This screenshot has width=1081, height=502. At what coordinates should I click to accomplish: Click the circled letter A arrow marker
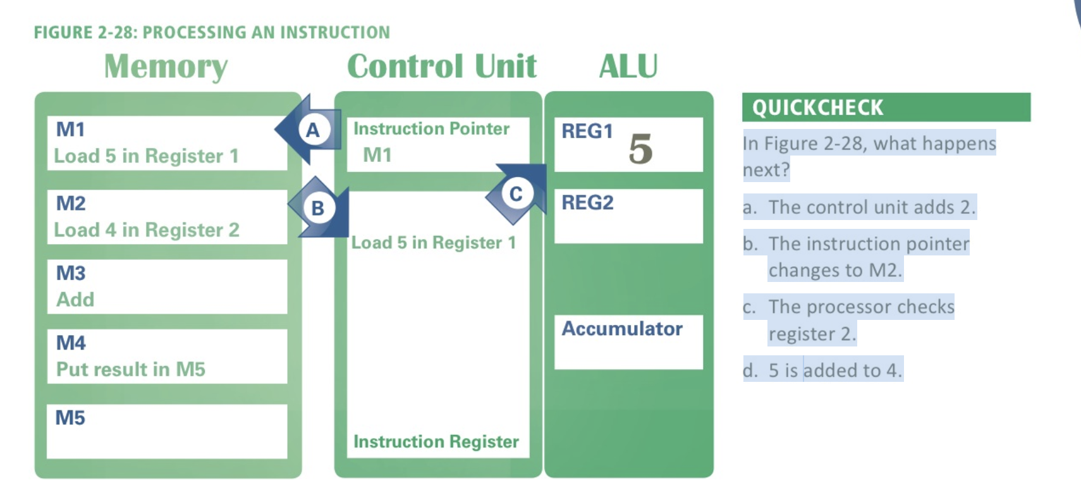(313, 130)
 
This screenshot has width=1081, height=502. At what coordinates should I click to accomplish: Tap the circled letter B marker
(318, 207)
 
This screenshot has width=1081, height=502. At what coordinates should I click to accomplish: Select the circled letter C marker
(516, 194)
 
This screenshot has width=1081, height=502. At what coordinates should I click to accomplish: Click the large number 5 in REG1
(640, 149)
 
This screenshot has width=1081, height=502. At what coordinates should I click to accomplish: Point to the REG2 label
(587, 203)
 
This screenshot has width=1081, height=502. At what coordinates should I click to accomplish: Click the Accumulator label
(622, 329)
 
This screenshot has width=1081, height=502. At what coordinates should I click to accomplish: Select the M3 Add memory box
(167, 286)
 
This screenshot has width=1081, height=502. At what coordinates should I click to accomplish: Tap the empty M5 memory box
(167, 432)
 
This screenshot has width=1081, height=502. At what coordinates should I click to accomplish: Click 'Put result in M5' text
(131, 369)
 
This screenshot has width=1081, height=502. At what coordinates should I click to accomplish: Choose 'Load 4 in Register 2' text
(147, 230)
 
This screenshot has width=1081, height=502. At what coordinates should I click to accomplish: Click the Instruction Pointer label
(431, 129)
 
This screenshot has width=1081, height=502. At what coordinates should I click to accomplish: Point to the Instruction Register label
(436, 441)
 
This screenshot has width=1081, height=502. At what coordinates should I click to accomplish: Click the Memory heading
(166, 66)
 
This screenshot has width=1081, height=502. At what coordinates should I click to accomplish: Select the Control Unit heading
(442, 66)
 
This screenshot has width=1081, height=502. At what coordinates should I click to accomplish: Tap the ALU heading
(628, 66)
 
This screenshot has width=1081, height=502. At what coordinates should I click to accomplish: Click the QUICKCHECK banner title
(817, 107)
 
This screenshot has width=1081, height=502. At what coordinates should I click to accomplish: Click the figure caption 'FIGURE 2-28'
(212, 32)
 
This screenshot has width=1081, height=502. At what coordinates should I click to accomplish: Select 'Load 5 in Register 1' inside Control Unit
(434, 243)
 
